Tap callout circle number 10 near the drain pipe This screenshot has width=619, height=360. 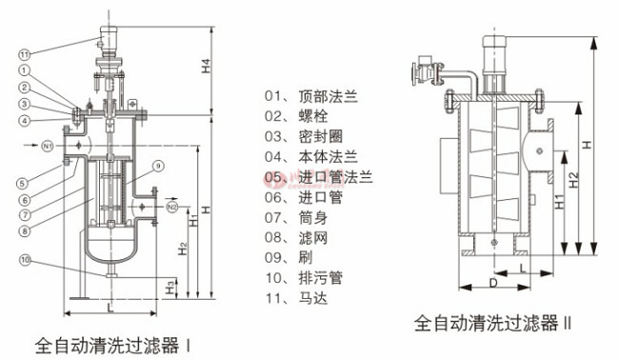point(26,258)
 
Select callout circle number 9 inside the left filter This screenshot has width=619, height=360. point(159,167)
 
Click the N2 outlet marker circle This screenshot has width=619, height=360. point(172,206)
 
